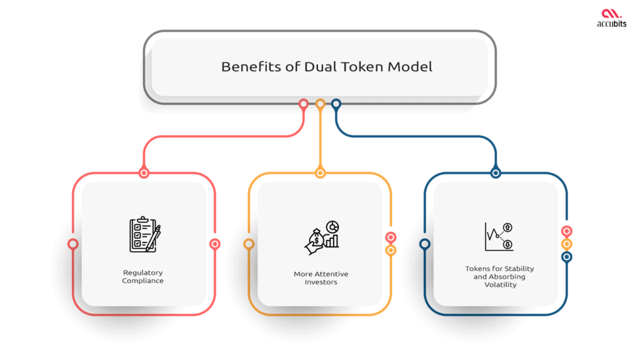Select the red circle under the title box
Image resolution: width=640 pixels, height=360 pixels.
pos(304,104)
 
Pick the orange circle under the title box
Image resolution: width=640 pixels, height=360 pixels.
pos(320,104)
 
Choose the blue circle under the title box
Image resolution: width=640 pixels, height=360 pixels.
pos(336,104)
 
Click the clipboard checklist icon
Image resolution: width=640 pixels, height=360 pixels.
pos(144,235)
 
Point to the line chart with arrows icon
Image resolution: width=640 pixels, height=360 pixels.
pos(498,237)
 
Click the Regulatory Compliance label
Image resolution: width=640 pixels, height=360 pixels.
pos(143,277)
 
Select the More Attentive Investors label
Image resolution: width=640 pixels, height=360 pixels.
pos(321,278)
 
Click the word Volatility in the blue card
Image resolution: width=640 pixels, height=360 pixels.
pos(499,284)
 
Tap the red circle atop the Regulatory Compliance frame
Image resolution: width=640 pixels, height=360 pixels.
pos(144,173)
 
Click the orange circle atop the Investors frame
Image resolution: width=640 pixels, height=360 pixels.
pos(320,173)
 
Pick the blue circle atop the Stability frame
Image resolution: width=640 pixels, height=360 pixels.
pos(496,173)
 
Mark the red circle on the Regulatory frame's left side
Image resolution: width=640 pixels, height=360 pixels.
pos(72,244)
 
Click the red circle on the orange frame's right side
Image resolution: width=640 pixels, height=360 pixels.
pos(391,237)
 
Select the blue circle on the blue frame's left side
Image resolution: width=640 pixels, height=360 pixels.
pos(425,244)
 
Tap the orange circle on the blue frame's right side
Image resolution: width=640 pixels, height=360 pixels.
pos(567,244)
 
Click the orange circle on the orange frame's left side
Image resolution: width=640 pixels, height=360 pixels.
pos(249,244)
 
